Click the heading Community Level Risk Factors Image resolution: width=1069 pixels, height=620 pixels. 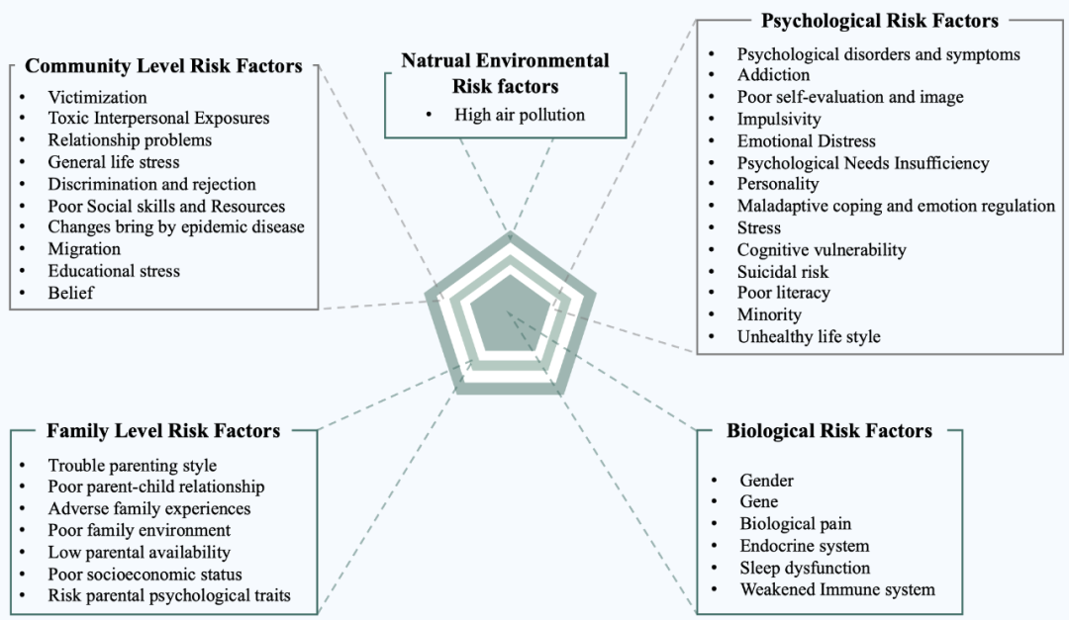click(163, 66)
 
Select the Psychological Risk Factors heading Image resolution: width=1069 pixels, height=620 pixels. click(879, 21)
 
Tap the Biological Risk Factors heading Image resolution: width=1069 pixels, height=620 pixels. click(828, 431)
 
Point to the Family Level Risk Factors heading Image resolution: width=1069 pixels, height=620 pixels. click(163, 431)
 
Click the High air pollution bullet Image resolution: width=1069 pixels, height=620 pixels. click(520, 115)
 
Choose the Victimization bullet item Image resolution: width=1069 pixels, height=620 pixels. click(97, 97)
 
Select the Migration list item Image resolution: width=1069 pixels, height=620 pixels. click(84, 249)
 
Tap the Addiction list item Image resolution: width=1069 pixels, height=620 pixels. click(773, 75)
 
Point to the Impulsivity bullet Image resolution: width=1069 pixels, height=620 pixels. click(779, 119)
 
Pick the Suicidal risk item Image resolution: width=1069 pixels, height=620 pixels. click(783, 271)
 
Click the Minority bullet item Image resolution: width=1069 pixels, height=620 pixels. click(769, 314)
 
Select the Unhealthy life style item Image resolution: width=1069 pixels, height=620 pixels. click(809, 336)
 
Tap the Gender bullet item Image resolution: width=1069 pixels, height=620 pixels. click(767, 481)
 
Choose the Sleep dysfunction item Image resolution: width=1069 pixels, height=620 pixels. click(805, 568)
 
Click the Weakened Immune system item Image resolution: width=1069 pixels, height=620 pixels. click(837, 589)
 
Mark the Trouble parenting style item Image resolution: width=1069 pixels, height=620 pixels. click(132, 465)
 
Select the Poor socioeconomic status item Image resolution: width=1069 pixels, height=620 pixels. click(145, 574)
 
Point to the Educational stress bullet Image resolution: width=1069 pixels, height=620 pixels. click(114, 271)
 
